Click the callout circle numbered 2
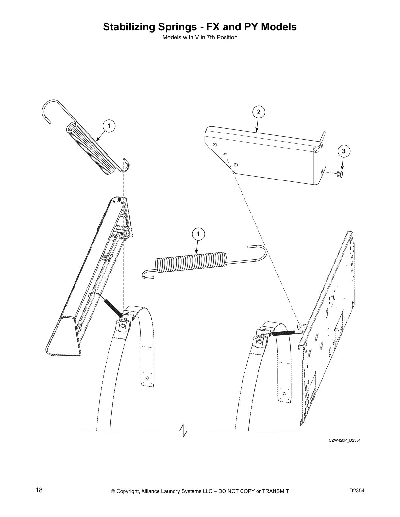click(x=258, y=112)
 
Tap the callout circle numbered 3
click(x=343, y=151)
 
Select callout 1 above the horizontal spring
click(x=198, y=234)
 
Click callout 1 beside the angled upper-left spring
click(x=109, y=126)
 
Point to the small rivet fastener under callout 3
click(x=340, y=174)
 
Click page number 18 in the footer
click(x=39, y=490)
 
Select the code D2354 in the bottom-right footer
click(x=357, y=490)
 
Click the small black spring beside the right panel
click(x=284, y=333)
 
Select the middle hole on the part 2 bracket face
click(x=225, y=154)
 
